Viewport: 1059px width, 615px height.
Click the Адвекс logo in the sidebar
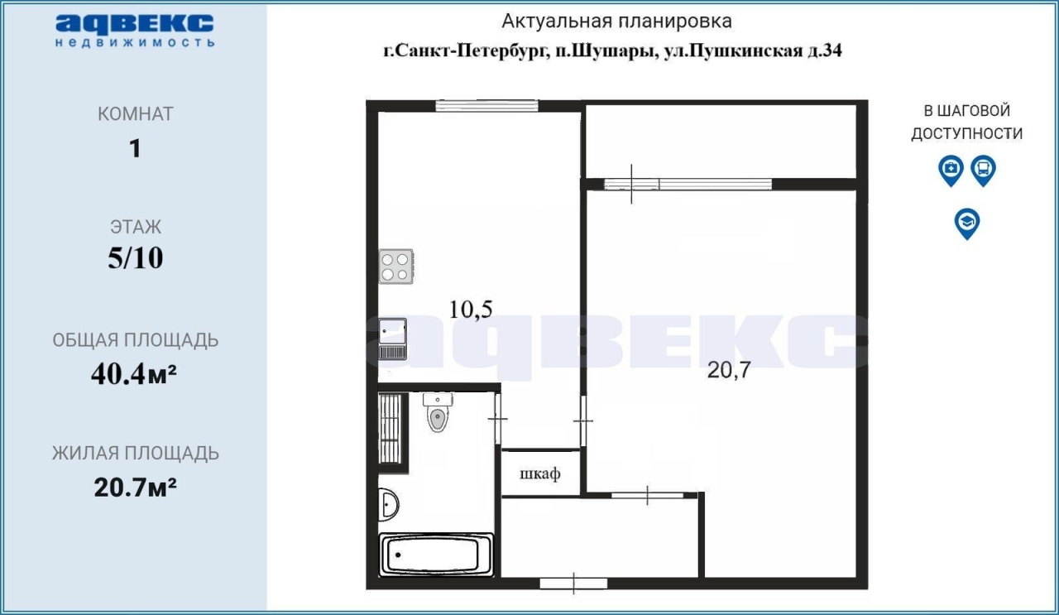tap(135, 31)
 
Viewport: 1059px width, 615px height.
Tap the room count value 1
tap(135, 148)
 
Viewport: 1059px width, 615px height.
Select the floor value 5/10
tap(135, 257)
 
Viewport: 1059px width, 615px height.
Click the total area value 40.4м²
tap(134, 374)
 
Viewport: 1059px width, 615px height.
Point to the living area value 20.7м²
tap(135, 488)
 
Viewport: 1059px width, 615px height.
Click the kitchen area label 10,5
tap(471, 310)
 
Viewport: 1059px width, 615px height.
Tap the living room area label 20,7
tap(729, 369)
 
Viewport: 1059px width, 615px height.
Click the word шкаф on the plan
tap(540, 473)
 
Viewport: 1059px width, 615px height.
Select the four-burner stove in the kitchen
tap(396, 267)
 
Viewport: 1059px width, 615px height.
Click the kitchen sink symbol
tap(392, 339)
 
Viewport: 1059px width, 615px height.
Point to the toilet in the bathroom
tap(438, 412)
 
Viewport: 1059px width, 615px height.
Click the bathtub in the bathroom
tap(436, 555)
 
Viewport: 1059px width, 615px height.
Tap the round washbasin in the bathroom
tap(389, 505)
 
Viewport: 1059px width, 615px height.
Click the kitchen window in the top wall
tap(486, 105)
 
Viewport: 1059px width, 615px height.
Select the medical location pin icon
tap(951, 171)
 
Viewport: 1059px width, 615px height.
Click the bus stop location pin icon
tap(984, 171)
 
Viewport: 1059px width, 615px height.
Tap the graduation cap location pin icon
tap(967, 223)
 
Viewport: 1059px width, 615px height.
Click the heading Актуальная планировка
tap(616, 22)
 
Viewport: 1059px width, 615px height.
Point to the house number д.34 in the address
tap(824, 50)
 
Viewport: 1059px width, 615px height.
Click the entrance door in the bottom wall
tap(573, 584)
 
